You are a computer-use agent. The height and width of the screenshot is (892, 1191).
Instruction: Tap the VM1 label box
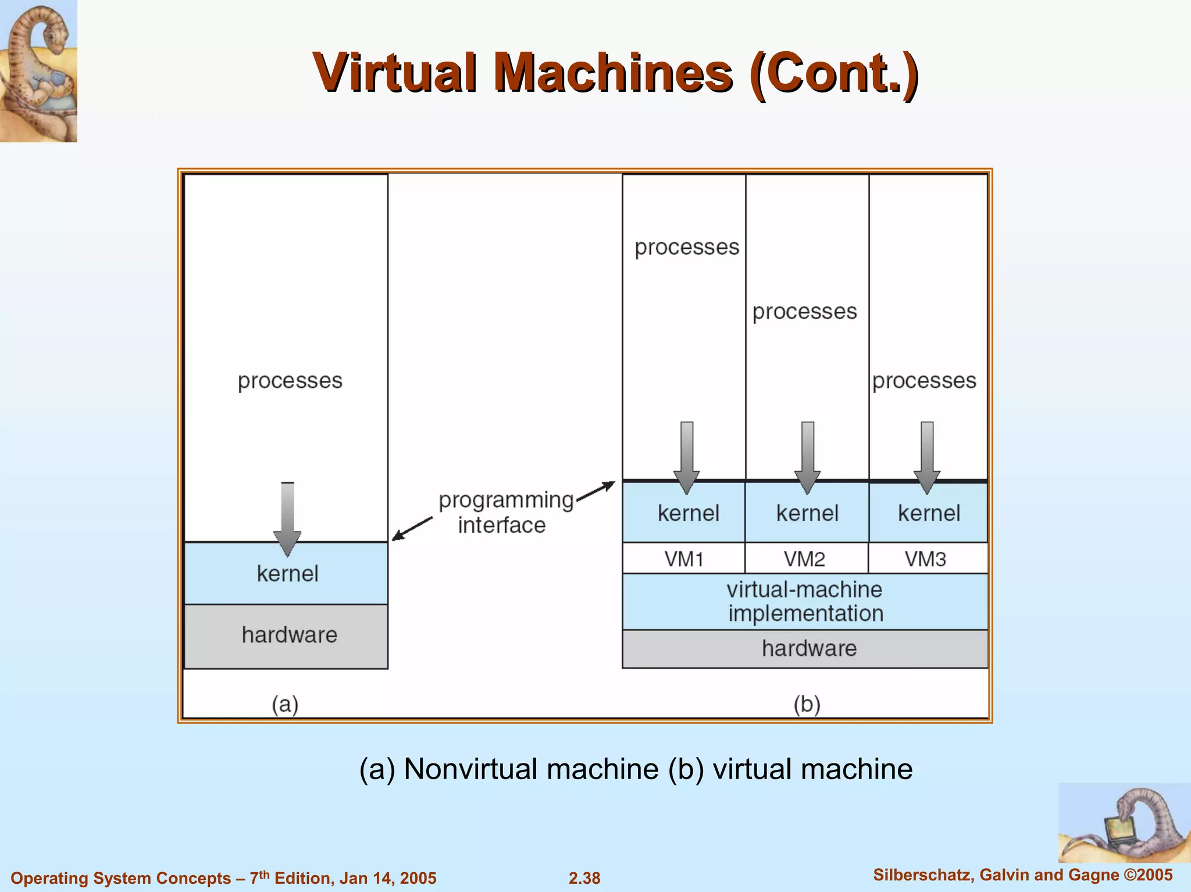tap(684, 559)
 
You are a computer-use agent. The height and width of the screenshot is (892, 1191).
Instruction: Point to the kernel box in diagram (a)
tap(287, 574)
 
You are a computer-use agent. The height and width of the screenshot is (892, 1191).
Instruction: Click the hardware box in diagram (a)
tap(287, 636)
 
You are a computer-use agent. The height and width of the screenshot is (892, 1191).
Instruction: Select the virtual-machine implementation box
tap(805, 602)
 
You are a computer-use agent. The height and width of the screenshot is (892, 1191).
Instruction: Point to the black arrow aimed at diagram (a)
tap(412, 529)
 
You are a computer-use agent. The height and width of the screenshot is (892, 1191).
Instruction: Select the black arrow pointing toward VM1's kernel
tap(596, 491)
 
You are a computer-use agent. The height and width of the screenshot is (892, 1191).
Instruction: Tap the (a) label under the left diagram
tap(285, 705)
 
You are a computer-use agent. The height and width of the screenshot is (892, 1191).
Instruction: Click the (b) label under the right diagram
tap(807, 705)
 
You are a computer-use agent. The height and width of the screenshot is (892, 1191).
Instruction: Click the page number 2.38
tap(584, 878)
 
